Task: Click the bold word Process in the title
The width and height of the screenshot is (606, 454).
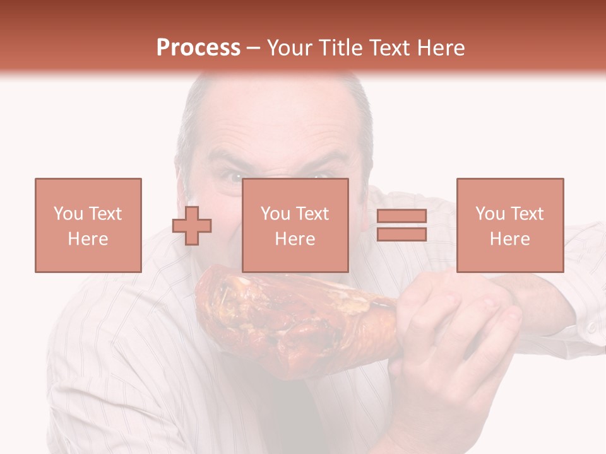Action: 198,48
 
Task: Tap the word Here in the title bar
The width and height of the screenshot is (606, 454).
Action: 441,48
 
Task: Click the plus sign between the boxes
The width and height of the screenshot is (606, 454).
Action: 192,225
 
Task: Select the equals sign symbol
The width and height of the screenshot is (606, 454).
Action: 401,225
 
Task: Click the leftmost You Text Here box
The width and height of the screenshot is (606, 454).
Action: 88,225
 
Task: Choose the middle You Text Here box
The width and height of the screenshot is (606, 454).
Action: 295,225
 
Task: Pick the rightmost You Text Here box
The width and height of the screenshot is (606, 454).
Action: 509,225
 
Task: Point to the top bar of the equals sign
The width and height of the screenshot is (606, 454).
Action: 401,216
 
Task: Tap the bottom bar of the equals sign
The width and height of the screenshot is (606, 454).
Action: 401,235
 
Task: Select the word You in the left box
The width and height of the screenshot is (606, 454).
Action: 68,214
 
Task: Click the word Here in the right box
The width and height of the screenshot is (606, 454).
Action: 509,238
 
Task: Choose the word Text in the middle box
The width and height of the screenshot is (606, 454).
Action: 312,214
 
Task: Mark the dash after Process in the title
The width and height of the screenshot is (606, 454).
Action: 254,48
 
